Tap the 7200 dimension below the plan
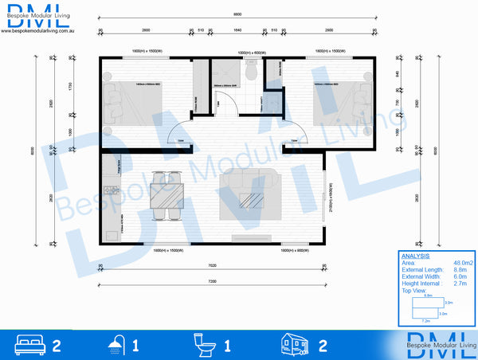pos(213,282)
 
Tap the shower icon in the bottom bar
pos(116,345)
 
